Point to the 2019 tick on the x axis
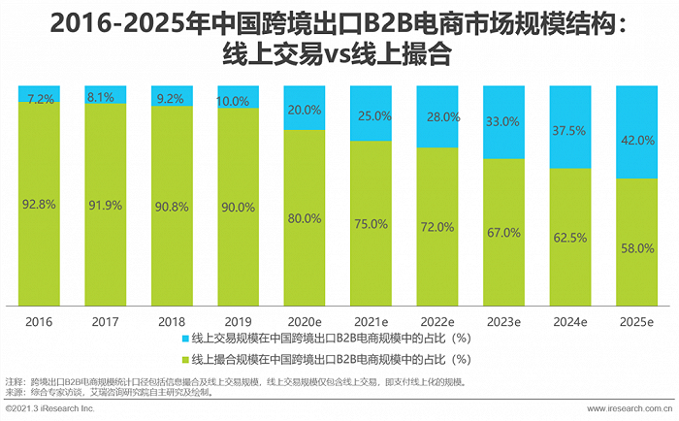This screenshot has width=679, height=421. point(238,319)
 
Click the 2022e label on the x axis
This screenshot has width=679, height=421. point(436,319)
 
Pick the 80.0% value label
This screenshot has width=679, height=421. point(305,218)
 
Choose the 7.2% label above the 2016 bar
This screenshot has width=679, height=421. point(40,100)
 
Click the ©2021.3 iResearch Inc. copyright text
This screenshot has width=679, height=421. point(49,411)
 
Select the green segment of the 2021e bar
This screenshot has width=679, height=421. point(371,223)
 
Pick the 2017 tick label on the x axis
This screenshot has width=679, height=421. point(106,319)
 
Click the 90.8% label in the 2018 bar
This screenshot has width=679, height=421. point(172,205)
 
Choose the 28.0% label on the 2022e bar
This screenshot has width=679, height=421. point(436,116)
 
